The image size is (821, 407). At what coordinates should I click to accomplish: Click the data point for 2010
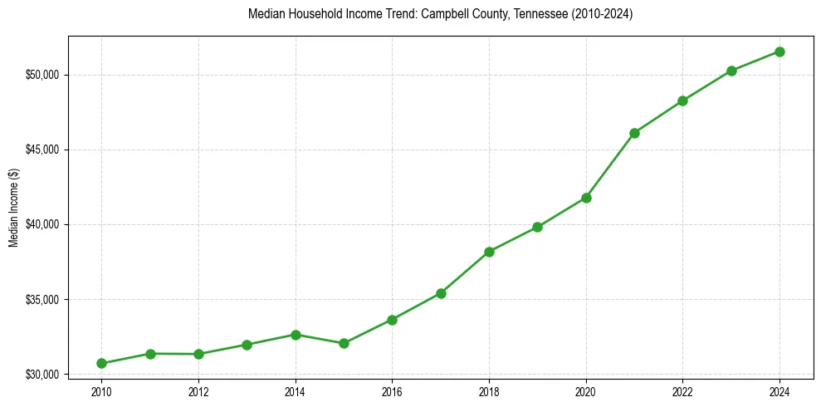tap(101, 363)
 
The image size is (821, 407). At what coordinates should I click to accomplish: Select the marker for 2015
tap(344, 343)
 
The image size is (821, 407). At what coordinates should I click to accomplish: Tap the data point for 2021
tap(634, 133)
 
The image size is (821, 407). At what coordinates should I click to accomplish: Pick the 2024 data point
tap(779, 51)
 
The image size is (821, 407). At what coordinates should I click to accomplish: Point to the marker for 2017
tap(441, 293)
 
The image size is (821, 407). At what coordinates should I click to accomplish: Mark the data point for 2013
tap(247, 345)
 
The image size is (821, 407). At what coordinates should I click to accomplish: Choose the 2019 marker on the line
tap(537, 227)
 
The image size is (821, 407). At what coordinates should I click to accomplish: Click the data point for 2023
tap(731, 71)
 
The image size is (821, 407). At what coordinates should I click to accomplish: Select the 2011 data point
tap(150, 354)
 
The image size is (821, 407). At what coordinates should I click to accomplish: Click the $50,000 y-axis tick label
tap(42, 75)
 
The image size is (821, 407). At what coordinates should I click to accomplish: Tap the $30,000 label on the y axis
tap(42, 375)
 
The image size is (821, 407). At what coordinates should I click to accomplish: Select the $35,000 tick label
tap(42, 299)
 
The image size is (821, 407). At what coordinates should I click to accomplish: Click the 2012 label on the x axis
tap(198, 391)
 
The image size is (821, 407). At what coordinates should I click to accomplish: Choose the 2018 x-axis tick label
tap(489, 391)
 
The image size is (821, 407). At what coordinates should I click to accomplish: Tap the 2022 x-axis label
tap(682, 391)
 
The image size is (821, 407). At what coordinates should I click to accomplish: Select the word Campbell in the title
tap(442, 14)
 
